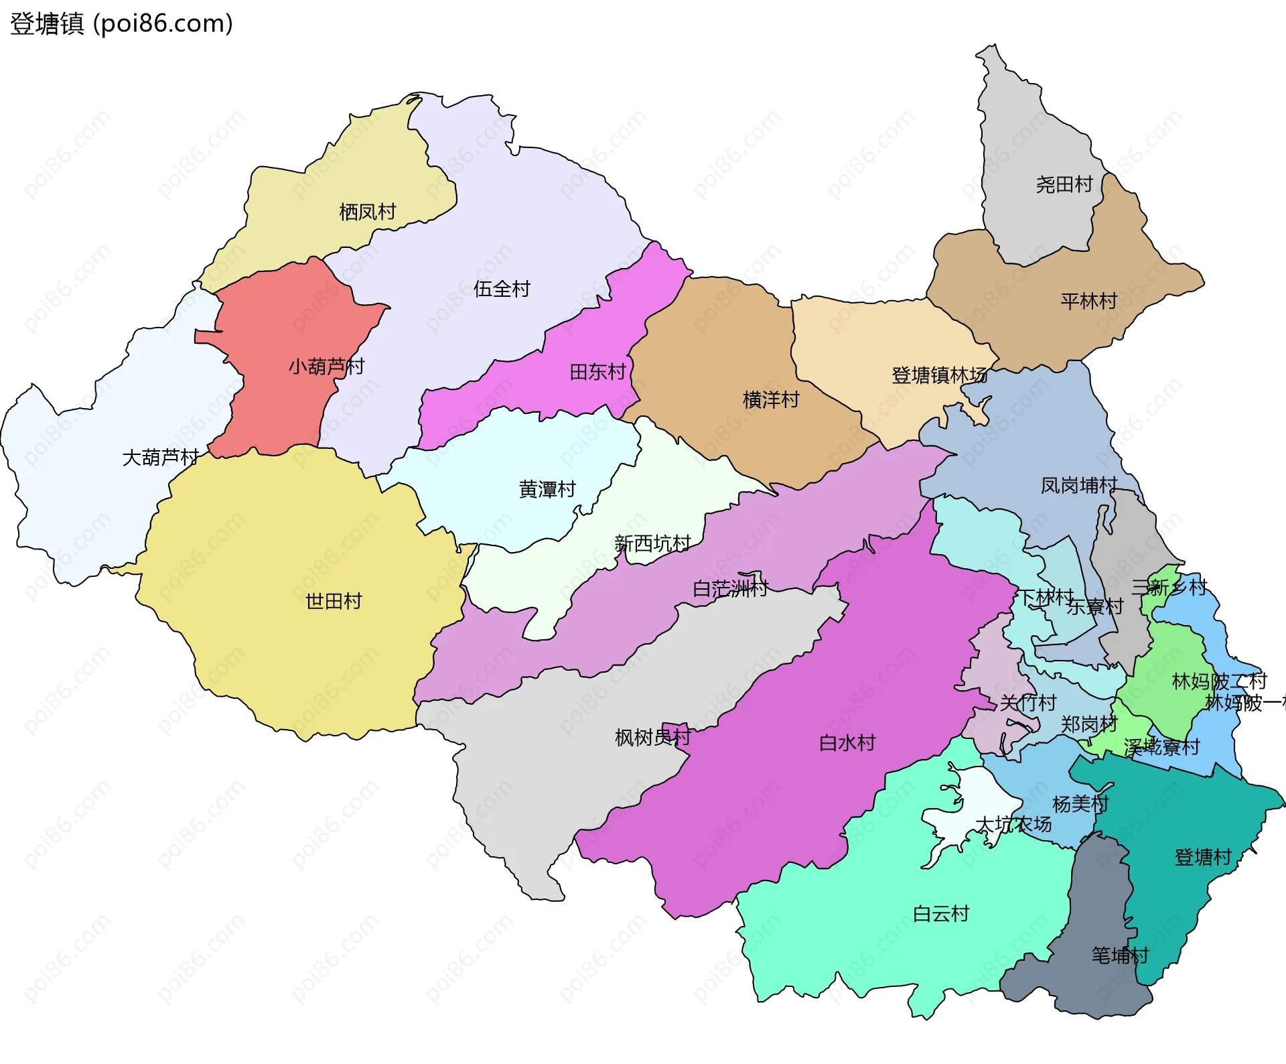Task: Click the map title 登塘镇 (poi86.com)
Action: click(x=121, y=23)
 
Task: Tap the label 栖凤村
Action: click(x=368, y=212)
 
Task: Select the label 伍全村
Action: click(x=502, y=289)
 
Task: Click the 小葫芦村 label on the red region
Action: click(x=326, y=367)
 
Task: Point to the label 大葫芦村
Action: click(x=161, y=458)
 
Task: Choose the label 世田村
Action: click(x=334, y=601)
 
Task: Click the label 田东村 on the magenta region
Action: click(x=597, y=372)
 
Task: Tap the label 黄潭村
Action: click(x=547, y=490)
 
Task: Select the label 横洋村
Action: click(x=771, y=400)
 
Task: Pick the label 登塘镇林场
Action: click(x=939, y=375)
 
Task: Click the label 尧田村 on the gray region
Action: click(x=1064, y=184)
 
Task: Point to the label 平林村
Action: click(x=1089, y=302)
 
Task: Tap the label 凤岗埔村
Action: click(x=1079, y=485)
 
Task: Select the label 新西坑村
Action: click(x=652, y=543)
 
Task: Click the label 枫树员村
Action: click(x=653, y=738)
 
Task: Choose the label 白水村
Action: click(x=847, y=743)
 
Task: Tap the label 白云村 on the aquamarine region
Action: click(x=941, y=914)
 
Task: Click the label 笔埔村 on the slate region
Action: click(x=1120, y=955)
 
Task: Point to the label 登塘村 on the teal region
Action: click(x=1203, y=858)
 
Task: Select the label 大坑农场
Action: click(x=1013, y=824)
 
